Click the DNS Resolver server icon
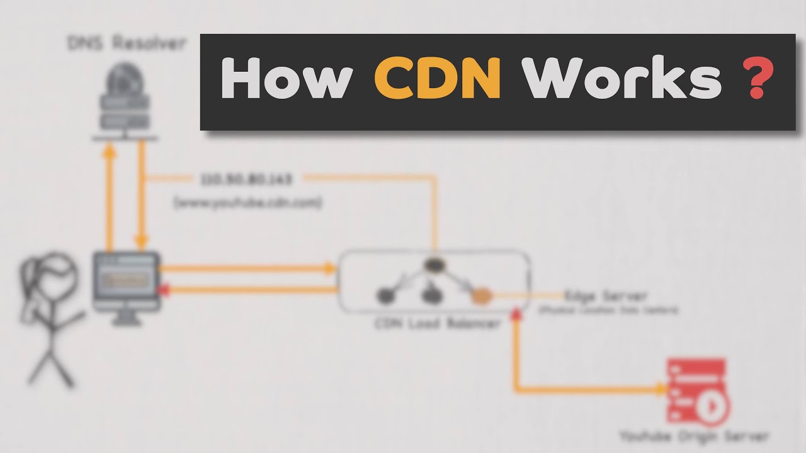point(126,101)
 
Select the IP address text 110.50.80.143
point(247,180)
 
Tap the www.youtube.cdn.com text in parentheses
point(247,203)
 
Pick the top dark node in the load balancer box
point(433,265)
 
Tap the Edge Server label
point(606,296)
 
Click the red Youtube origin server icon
point(696,390)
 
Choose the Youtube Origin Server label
point(694,436)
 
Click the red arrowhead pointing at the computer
point(166,289)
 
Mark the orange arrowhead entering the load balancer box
point(330,269)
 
